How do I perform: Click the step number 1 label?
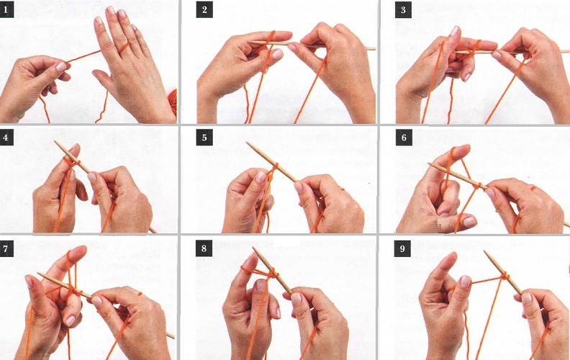[x=6, y=11]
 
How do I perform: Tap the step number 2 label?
[x=204, y=10]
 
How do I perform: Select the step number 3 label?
[x=403, y=10]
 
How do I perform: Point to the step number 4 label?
[x=6, y=138]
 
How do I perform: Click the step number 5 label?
[x=204, y=138]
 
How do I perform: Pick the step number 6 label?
[x=404, y=138]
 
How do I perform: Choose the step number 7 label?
[x=6, y=249]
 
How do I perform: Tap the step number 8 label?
[x=204, y=248]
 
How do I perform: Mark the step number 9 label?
[x=402, y=248]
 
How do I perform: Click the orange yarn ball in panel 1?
[x=172, y=102]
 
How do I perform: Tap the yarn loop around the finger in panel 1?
[x=124, y=48]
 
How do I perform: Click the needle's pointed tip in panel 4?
[x=55, y=142]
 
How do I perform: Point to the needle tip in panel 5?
[x=248, y=143]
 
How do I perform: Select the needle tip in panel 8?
[x=254, y=248]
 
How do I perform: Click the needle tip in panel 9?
[x=485, y=251]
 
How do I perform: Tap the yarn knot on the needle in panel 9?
[x=505, y=276]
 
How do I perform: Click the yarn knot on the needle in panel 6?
[x=478, y=186]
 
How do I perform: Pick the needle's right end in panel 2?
[x=374, y=48]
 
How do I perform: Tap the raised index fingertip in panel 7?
[x=81, y=250]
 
